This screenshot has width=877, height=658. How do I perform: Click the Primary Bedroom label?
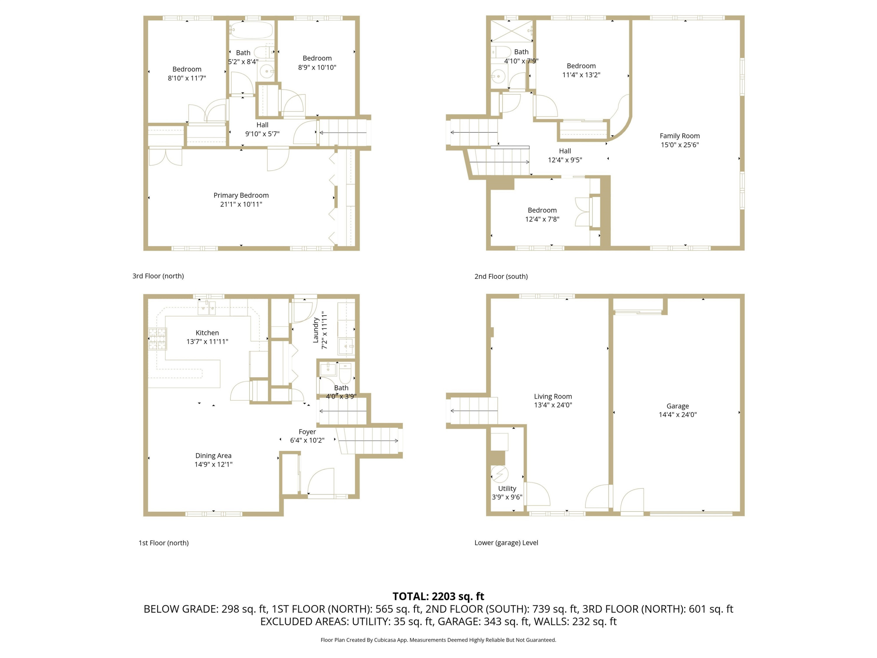(241, 195)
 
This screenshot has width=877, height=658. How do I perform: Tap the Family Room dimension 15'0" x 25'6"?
(680, 145)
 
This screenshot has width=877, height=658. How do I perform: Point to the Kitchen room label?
(207, 333)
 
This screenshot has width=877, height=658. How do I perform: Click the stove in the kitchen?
(158, 339)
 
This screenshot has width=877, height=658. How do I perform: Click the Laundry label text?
(316, 330)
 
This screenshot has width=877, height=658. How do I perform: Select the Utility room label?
(507, 488)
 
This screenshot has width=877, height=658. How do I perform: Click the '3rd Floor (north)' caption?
(158, 276)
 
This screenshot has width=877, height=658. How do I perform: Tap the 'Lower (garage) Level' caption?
(506, 542)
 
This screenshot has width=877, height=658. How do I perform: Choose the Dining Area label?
(213, 456)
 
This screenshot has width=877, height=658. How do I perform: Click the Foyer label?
(307, 432)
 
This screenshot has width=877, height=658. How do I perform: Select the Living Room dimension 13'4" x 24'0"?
(553, 405)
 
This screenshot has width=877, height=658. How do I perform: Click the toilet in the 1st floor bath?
(345, 373)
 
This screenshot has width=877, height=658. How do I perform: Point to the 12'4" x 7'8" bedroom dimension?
(542, 219)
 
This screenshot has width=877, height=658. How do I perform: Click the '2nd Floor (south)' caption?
(501, 276)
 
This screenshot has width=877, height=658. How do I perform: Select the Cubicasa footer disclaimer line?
(438, 640)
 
